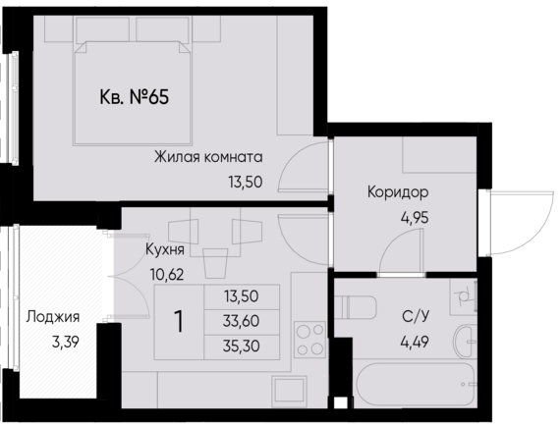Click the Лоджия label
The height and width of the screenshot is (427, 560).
pos(53,317)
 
